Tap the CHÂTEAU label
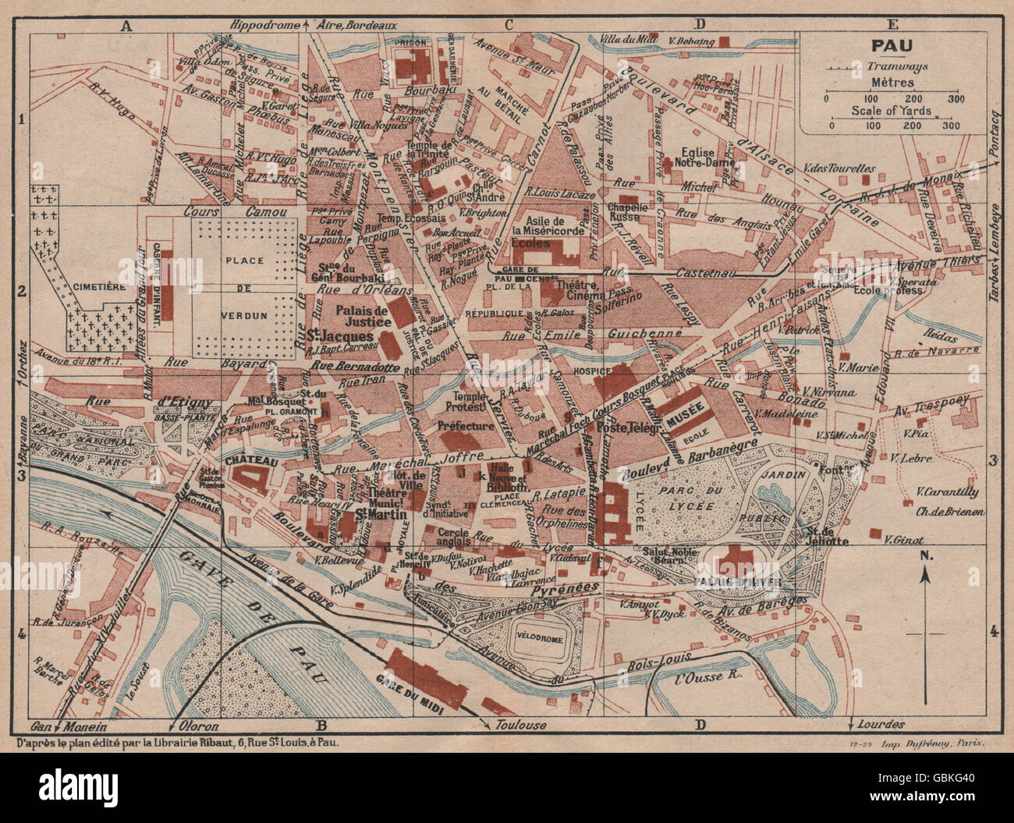(251, 462)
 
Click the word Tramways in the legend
(896, 67)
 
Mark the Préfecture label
(466, 426)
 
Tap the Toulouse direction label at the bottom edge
(520, 725)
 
